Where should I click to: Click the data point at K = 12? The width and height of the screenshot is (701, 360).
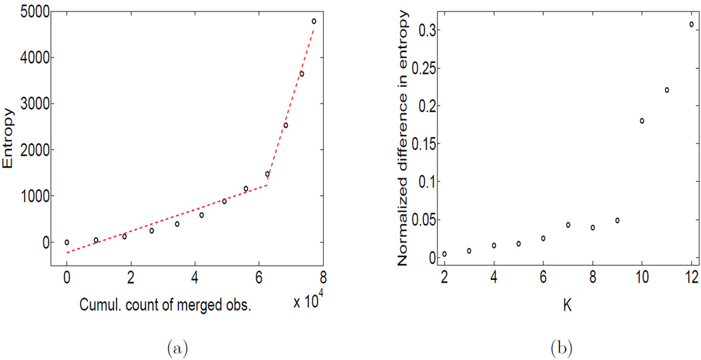coord(691,24)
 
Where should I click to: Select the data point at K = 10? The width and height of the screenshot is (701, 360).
coord(642,121)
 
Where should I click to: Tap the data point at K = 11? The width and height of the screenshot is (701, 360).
coord(666,90)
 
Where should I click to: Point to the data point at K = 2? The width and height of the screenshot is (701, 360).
coord(444,254)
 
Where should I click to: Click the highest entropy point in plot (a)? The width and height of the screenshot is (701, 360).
coord(314,21)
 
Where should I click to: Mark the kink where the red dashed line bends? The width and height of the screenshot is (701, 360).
coord(266,185)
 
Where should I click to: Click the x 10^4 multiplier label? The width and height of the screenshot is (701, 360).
coord(308,301)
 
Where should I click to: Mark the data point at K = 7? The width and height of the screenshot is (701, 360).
coord(568,225)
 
